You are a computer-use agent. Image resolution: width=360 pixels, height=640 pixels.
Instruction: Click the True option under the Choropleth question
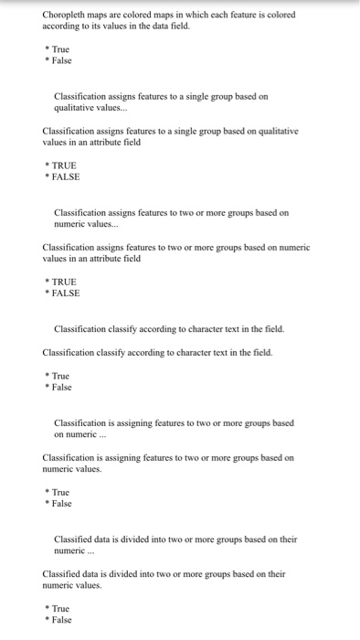pyautogui.click(x=60, y=48)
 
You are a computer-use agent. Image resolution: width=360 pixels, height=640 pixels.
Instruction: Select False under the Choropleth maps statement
pyautogui.click(x=61, y=60)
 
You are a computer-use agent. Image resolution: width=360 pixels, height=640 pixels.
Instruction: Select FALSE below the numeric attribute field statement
pyautogui.click(x=66, y=293)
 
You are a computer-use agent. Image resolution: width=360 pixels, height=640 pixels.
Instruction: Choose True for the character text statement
pyautogui.click(x=60, y=376)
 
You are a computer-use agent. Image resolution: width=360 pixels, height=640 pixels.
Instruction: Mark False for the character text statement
pyautogui.click(x=61, y=388)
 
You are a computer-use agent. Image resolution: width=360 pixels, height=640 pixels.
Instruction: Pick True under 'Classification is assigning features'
pyautogui.click(x=60, y=492)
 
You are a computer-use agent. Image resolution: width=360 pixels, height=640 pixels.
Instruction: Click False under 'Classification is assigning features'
pyautogui.click(x=61, y=504)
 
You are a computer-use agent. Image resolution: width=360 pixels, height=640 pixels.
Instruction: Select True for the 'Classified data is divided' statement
pyautogui.click(x=60, y=608)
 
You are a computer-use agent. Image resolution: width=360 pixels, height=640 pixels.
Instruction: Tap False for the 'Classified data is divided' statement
pyautogui.click(x=61, y=620)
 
